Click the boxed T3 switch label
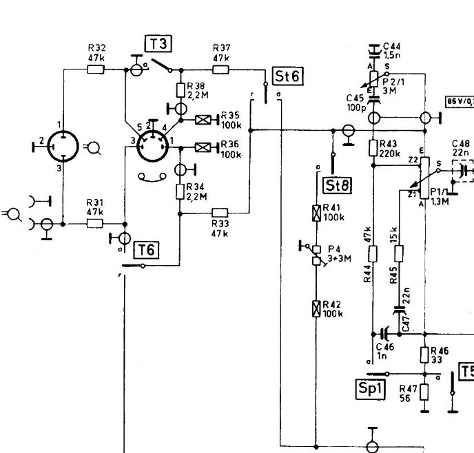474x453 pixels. pos(158,45)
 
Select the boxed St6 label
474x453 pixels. pos(287,76)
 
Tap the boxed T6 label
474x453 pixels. pos(149,249)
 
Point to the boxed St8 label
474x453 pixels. pos(333,185)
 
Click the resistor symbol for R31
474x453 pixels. pos(94,224)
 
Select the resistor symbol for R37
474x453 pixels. pos(221,69)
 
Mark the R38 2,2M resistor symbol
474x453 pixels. pos(181,90)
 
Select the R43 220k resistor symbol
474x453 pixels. pos(373,148)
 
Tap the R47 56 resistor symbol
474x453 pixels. pos(424,392)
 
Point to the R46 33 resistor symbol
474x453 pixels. pos(424,355)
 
